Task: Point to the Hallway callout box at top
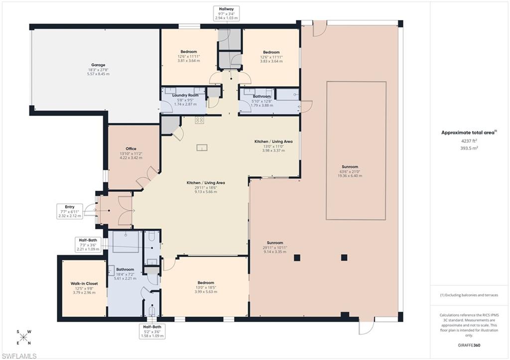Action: pyautogui.click(x=227, y=13)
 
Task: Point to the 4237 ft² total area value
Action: pyautogui.click(x=469, y=141)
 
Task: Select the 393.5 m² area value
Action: pyautogui.click(x=469, y=148)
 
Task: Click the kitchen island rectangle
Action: pyautogui.click(x=202, y=147)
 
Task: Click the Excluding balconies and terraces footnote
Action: pyautogui.click(x=469, y=295)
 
